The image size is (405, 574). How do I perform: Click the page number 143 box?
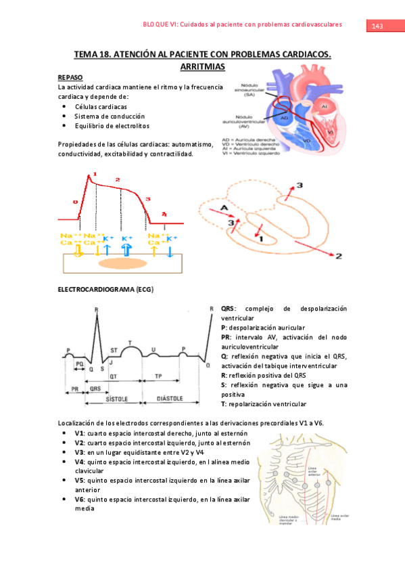[x=377, y=26]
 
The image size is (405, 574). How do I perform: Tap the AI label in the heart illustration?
[x=325, y=107]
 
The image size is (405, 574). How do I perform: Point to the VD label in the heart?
[x=306, y=140]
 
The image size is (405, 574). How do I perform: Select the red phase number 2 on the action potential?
[x=118, y=179]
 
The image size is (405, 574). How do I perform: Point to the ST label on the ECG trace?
[x=114, y=349]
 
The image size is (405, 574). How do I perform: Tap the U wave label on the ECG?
[x=154, y=349]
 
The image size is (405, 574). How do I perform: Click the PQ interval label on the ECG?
[x=80, y=364]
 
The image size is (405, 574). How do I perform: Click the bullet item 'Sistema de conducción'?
[x=101, y=116]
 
